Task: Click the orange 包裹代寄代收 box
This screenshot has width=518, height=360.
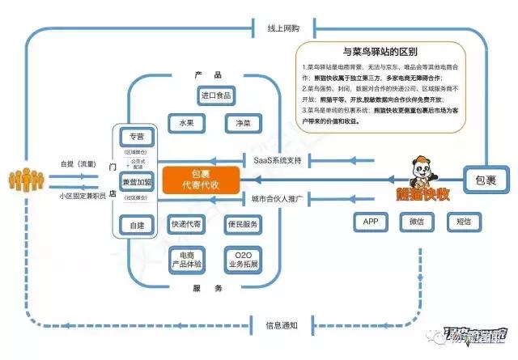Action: (x=202, y=180)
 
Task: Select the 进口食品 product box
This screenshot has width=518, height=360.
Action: (x=216, y=95)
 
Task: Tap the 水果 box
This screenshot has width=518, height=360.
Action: (x=186, y=123)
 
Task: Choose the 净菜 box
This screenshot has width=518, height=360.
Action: (x=243, y=123)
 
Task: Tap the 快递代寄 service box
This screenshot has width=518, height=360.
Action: (x=186, y=224)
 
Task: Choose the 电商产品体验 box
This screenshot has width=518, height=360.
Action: (x=186, y=258)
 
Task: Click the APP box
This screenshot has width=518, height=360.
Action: (x=371, y=221)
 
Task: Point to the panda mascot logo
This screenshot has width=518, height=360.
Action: (x=422, y=171)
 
